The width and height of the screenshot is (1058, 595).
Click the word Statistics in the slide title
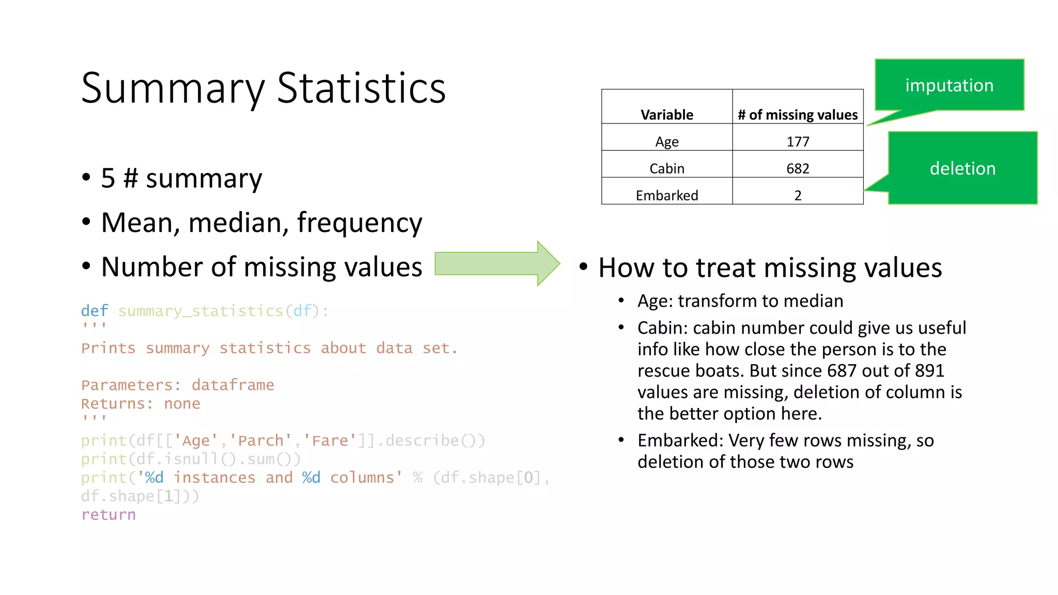pos(361,88)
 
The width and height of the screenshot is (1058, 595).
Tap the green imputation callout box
pos(949,85)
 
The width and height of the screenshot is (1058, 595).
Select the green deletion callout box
pos(962,168)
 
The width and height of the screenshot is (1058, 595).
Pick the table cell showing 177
pos(798,141)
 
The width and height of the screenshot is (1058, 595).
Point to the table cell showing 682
pos(798,168)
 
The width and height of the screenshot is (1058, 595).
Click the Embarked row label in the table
pos(666,195)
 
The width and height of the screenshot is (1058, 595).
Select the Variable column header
pos(666,114)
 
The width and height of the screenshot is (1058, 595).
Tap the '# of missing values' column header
pos(798,114)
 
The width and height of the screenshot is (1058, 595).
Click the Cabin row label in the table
pos(666,168)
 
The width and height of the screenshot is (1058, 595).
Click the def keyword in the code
pos(95,311)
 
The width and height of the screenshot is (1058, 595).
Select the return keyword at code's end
pos(108,515)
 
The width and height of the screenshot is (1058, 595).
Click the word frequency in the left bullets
pos(360,223)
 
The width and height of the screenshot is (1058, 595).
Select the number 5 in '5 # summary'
pos(108,179)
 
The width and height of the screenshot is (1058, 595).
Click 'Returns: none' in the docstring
pos(141,404)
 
